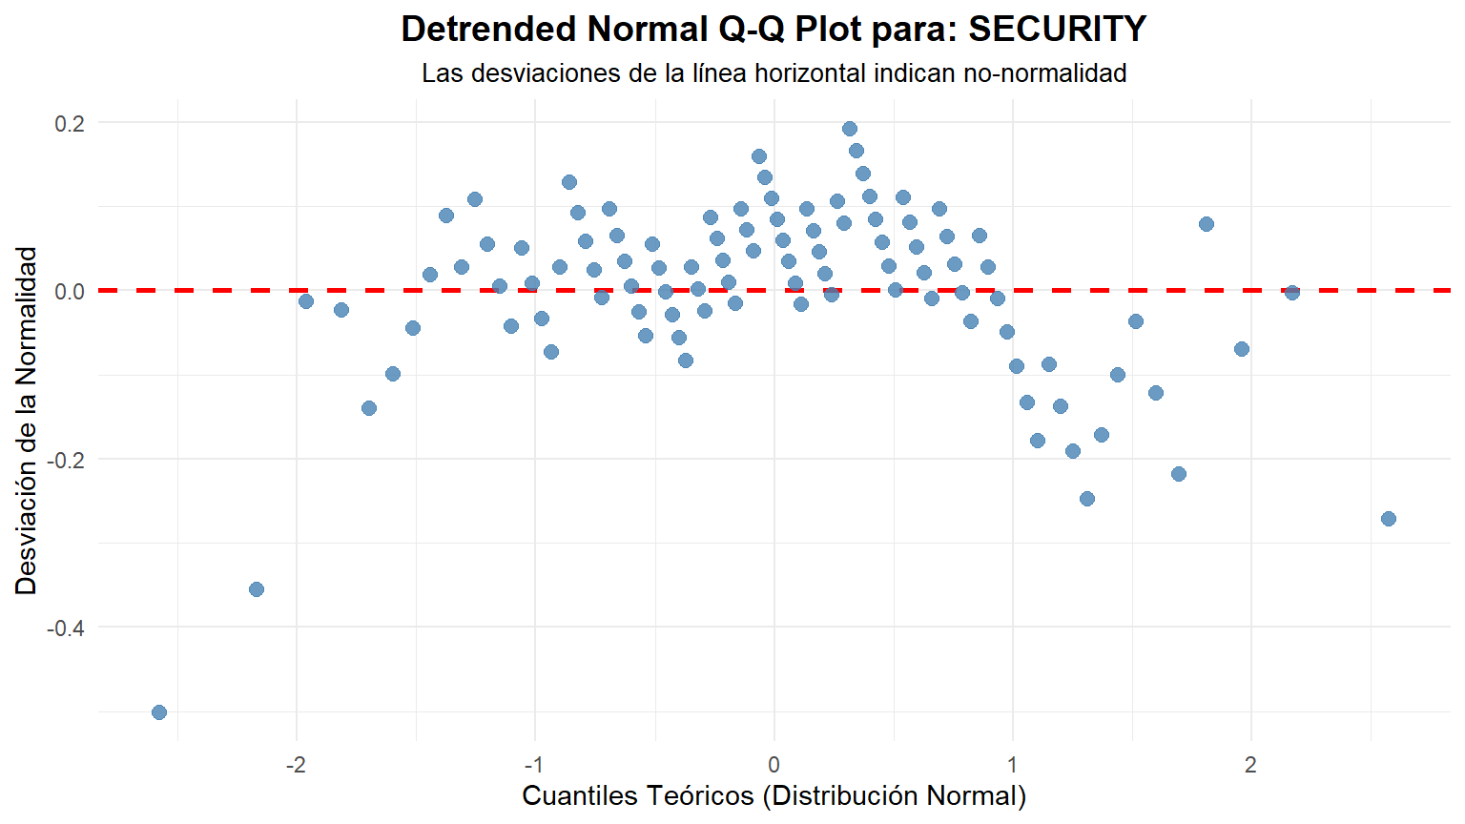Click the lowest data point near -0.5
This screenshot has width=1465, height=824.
159,712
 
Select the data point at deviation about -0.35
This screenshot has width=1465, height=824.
257,589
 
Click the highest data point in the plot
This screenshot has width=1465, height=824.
850,129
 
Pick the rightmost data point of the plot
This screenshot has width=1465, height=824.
1389,519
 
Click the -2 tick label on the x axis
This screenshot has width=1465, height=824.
296,765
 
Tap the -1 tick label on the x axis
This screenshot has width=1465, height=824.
534,765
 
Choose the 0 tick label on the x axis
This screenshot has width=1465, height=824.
774,765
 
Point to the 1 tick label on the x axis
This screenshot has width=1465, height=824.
1012,765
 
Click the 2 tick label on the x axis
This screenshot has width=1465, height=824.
1250,765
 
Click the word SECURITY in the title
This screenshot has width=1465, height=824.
1057,30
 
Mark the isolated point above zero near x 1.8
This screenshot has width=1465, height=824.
1207,224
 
